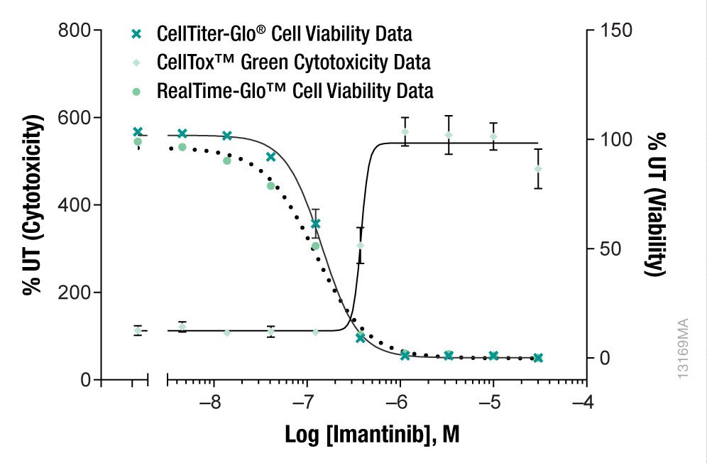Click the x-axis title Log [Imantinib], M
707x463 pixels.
[372, 434]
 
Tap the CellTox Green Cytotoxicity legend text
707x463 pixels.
[293, 62]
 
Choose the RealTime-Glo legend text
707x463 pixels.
[295, 91]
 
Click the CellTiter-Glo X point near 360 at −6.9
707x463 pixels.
[316, 224]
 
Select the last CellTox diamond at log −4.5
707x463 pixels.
[538, 169]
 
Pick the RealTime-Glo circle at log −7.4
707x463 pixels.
[270, 186]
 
